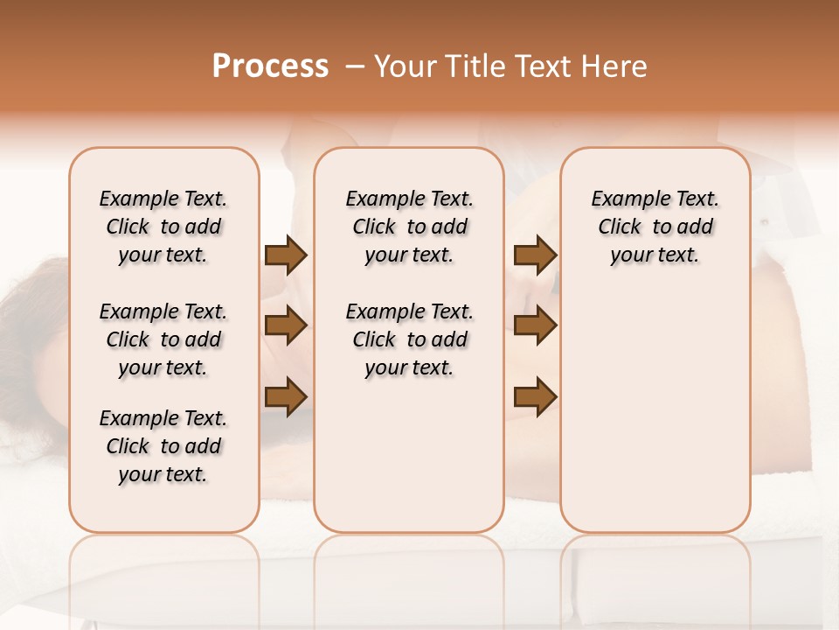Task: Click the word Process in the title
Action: (270, 66)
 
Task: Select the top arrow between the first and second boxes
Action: (286, 255)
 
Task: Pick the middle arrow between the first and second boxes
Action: (286, 326)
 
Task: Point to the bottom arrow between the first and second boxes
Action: (286, 396)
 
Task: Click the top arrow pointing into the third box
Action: (535, 255)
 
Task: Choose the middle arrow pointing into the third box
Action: (535, 326)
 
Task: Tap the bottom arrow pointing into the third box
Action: (535, 396)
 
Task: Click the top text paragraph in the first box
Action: (163, 227)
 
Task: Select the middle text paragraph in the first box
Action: (163, 339)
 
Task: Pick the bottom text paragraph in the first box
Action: (163, 446)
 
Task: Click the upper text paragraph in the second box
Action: (409, 227)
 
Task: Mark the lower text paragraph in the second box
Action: (409, 339)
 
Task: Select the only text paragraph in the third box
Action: (655, 227)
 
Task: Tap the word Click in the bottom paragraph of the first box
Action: (128, 446)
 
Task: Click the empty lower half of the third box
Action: (655, 420)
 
